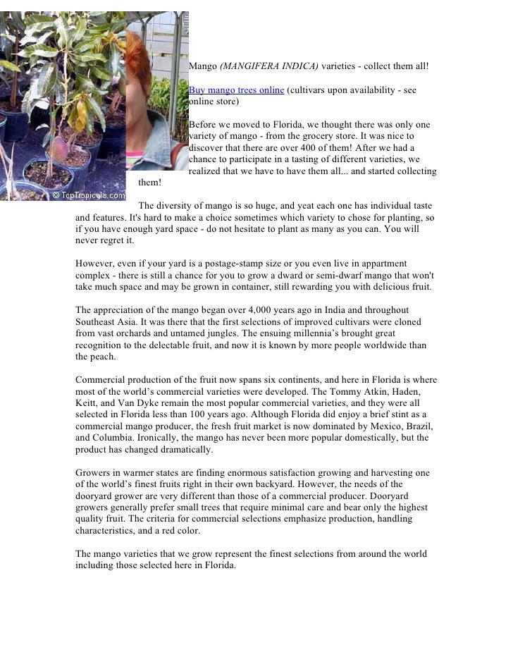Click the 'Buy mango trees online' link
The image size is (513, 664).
click(x=236, y=90)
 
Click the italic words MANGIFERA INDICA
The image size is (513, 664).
click(x=269, y=66)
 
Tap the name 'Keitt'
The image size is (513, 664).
click(x=87, y=403)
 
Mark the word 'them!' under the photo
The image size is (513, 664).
click(x=150, y=183)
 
